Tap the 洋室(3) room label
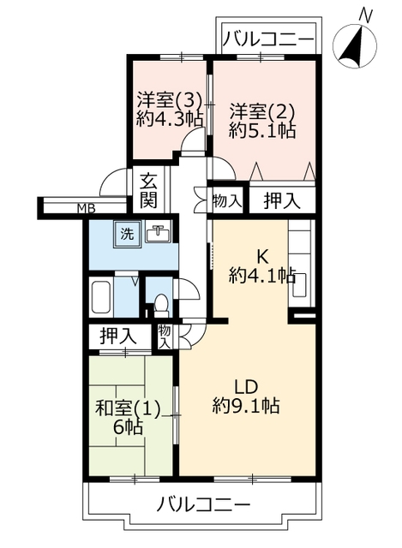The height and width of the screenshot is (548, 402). click(170, 100)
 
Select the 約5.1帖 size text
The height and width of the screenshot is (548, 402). click(262, 131)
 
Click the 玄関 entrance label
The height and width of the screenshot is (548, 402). click(148, 191)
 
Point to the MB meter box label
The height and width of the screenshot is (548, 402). click(86, 209)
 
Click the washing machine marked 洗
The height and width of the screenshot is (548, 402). click(128, 234)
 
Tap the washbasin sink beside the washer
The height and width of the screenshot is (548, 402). click(158, 232)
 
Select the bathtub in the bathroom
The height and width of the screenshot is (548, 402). click(101, 297)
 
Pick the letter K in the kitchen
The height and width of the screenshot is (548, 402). click(263, 258)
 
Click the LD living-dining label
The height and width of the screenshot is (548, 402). click(246, 387)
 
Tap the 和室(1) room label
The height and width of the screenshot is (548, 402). click(128, 409)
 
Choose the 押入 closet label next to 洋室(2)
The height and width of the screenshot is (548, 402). click(282, 201)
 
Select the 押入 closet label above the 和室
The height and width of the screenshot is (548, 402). click(118, 337)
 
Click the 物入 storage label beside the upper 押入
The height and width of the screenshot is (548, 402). click(227, 201)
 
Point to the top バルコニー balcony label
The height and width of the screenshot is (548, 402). click(267, 39)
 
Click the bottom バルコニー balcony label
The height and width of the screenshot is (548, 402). click(204, 504)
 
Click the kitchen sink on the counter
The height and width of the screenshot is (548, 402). click(299, 284)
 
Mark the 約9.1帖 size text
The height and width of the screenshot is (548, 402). click(246, 405)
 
